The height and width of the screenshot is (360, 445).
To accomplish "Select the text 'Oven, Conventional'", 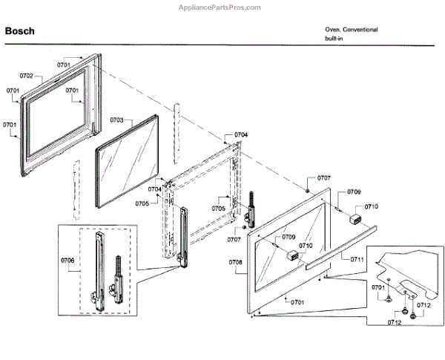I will tap(351, 30).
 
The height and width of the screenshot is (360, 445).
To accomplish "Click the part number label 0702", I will tap(26, 76).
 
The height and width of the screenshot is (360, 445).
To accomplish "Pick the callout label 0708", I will tap(236, 262).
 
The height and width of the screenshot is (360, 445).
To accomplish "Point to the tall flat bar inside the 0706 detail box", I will tap(96, 271).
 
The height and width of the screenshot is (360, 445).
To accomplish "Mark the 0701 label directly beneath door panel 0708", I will tap(298, 302).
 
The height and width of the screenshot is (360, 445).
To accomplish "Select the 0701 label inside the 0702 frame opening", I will tap(71, 91).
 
